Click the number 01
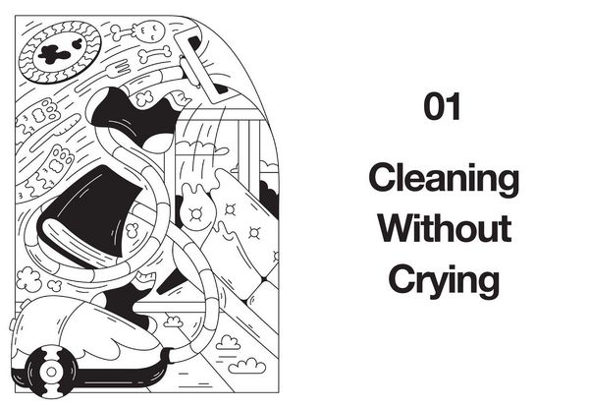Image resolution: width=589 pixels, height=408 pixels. pos(442,106)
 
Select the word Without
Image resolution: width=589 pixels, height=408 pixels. pos(445,228)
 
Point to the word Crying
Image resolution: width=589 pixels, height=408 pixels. pos(444,280)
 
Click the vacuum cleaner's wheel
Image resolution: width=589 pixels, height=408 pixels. pos(51,372)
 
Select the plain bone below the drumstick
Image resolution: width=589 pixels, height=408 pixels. pos(155,54)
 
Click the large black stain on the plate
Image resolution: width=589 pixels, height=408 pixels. pos(55,54)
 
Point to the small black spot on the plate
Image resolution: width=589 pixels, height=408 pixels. pos(78,43)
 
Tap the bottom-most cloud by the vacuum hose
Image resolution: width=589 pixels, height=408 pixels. pos(247,366)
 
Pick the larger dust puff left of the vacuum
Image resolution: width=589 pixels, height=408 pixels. pos(28,279)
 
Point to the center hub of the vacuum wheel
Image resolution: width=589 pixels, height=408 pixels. pos(51,372)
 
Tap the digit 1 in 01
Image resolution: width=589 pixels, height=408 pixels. pos(454,106)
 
